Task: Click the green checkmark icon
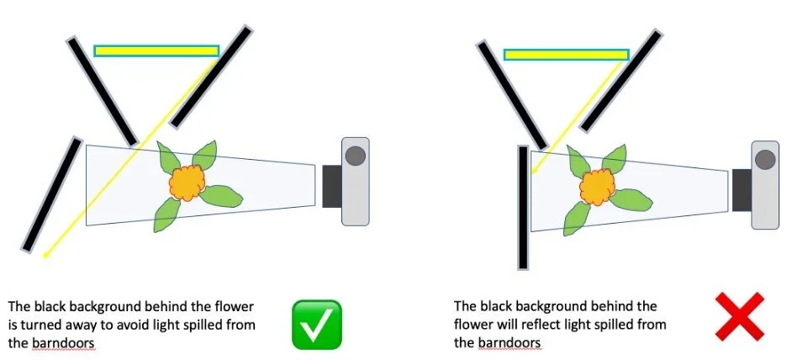[317, 324]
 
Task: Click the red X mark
[739, 317]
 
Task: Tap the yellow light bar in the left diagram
[156, 51]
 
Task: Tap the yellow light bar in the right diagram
[566, 55]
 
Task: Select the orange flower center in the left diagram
[188, 182]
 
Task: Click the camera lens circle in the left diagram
[357, 156]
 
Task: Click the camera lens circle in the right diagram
[765, 159]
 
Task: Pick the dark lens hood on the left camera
[331, 186]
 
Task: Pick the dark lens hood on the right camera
[741, 190]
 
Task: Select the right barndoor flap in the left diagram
[211, 76]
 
